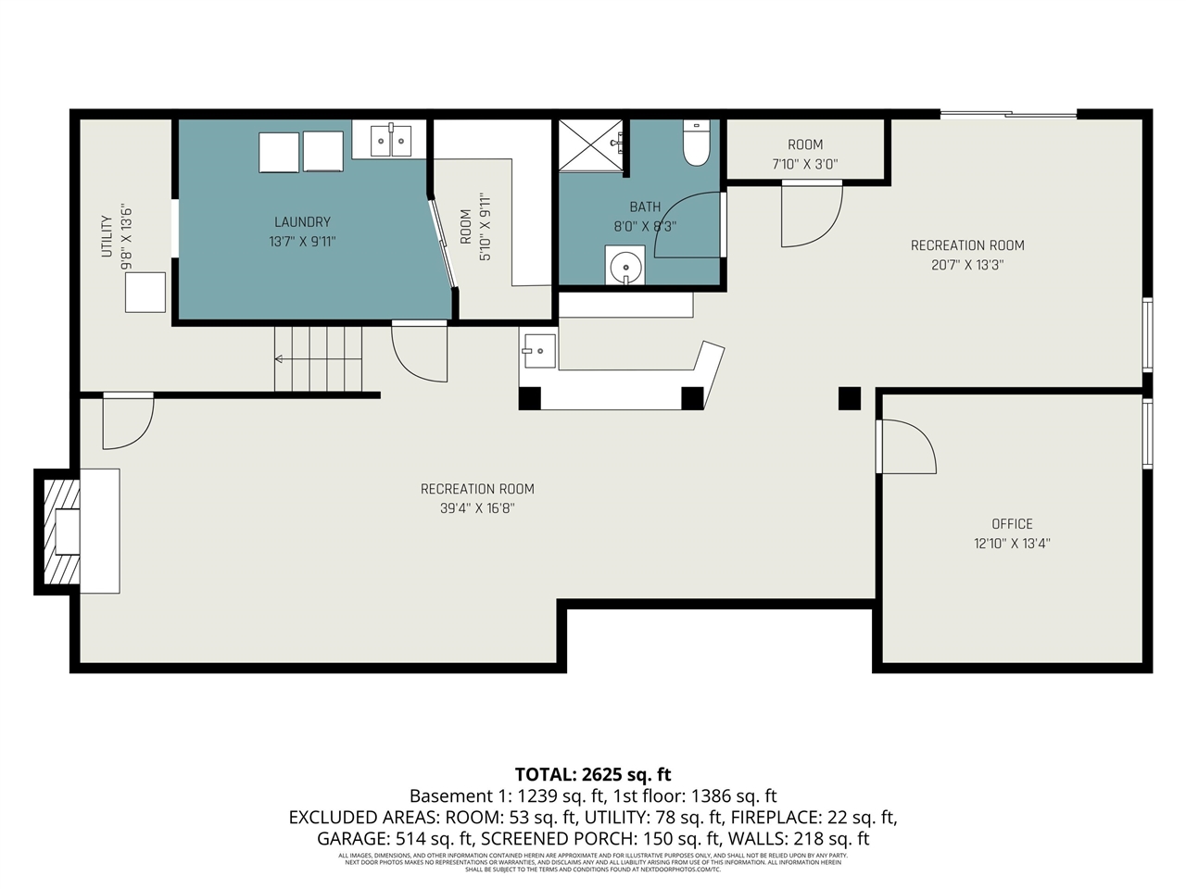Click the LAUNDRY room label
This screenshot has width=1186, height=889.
click(302, 222)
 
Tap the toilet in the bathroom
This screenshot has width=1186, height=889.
click(696, 144)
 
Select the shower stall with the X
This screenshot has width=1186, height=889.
click(590, 145)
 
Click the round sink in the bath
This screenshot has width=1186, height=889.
click(626, 265)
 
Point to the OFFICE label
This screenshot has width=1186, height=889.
click(1012, 524)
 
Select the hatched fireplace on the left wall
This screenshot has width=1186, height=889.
click(60, 532)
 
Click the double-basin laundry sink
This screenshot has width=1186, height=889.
click(390, 140)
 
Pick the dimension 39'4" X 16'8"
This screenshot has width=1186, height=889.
click(477, 508)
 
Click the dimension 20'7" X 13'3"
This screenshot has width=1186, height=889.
click(967, 265)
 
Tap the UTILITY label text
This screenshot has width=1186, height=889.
click(107, 236)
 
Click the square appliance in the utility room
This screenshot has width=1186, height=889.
click(145, 293)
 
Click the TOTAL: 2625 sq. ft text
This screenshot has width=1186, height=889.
click(593, 775)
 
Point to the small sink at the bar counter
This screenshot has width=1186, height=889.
click(538, 351)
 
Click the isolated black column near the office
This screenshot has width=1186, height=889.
click(850, 398)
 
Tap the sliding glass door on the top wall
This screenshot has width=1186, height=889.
click(1008, 115)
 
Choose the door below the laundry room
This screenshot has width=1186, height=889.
click(421, 352)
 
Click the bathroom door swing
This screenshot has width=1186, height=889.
click(686, 225)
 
